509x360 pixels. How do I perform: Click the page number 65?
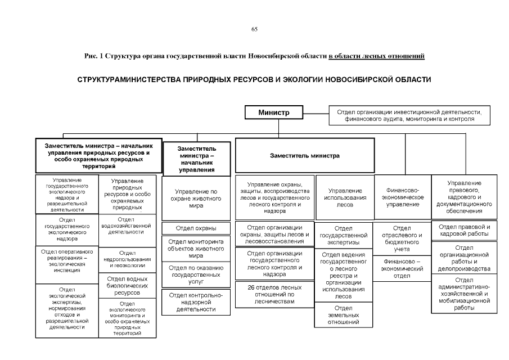(x=254, y=29)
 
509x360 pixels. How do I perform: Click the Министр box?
(x=274, y=112)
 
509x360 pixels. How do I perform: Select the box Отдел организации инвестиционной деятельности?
(x=409, y=116)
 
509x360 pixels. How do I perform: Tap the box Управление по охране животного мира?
(x=196, y=199)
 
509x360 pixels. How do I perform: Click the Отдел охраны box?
(x=196, y=228)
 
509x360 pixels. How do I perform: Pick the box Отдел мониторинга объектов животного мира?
(x=196, y=248)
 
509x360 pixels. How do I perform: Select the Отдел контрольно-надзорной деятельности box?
(x=196, y=302)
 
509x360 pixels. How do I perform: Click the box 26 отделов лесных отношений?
(x=274, y=294)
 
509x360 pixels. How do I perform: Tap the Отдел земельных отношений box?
(x=343, y=315)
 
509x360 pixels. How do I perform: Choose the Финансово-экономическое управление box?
(x=402, y=197)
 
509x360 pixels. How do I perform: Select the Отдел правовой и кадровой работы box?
(x=464, y=230)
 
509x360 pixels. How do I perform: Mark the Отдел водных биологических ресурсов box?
(x=127, y=286)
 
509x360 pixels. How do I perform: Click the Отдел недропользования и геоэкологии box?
(x=127, y=259)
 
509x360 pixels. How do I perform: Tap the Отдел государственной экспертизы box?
(x=343, y=235)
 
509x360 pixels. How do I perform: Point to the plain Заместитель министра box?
(x=304, y=156)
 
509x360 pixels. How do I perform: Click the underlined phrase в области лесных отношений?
(x=376, y=56)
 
